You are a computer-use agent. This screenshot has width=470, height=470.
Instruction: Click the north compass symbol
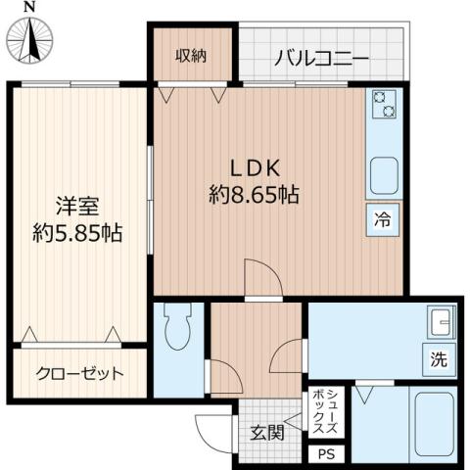coord(31,36)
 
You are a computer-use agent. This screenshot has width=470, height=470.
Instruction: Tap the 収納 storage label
coord(192,56)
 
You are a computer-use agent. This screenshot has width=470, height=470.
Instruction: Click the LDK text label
coord(254,166)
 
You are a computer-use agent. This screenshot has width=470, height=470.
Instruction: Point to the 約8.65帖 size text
coord(254,194)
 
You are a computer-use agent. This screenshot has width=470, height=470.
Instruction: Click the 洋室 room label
coord(75,207)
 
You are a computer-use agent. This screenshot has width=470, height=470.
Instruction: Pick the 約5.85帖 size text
coord(75,234)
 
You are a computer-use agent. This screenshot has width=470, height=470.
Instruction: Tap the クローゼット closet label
coord(80,373)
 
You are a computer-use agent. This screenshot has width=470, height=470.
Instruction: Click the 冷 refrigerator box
coord(384,219)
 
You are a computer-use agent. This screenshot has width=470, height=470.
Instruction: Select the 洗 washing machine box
coord(437,358)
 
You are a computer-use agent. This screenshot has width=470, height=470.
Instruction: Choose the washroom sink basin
coord(438,321)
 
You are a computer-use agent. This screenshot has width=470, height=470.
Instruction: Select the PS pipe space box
coord(326,453)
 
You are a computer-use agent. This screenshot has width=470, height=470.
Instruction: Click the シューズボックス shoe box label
coord(327,412)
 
